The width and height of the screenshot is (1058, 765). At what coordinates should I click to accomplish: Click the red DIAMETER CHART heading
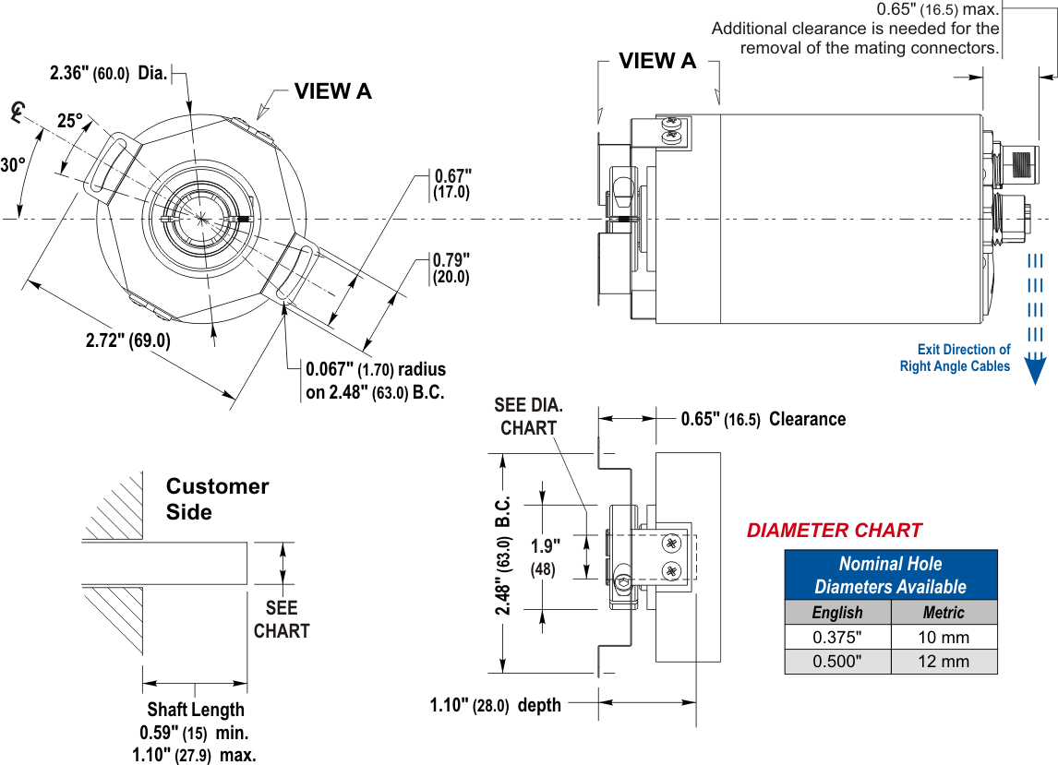click(x=834, y=531)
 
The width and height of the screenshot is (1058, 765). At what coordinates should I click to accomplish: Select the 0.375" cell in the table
click(x=837, y=637)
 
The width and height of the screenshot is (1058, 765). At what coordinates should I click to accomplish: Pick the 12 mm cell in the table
click(x=944, y=661)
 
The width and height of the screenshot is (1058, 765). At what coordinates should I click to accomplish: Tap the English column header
click(x=837, y=613)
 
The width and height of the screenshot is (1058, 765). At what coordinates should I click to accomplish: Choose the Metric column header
click(x=944, y=613)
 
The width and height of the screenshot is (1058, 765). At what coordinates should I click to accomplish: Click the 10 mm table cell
click(x=944, y=637)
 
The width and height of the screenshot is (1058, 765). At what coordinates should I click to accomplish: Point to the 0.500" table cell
click(x=837, y=661)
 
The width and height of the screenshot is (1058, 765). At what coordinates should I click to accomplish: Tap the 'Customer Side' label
click(x=217, y=498)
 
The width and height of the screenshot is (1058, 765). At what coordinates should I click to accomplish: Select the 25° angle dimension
click(x=70, y=121)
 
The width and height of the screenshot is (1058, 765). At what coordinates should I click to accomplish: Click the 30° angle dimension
click(x=13, y=165)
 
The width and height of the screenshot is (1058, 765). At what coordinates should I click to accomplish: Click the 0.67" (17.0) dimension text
click(x=452, y=184)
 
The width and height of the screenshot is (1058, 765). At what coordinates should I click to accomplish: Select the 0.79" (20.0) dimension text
click(x=451, y=268)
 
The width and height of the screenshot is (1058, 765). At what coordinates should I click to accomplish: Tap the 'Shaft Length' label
click(x=196, y=709)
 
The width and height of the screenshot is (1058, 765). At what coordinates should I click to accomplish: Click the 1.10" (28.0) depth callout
click(x=495, y=705)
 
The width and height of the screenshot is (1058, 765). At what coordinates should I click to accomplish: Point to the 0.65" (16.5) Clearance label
click(x=763, y=419)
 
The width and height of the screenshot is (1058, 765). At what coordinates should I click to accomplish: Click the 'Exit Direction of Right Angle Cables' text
click(x=955, y=358)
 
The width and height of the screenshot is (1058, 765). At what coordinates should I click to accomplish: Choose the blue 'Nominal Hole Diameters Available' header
click(x=891, y=575)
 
